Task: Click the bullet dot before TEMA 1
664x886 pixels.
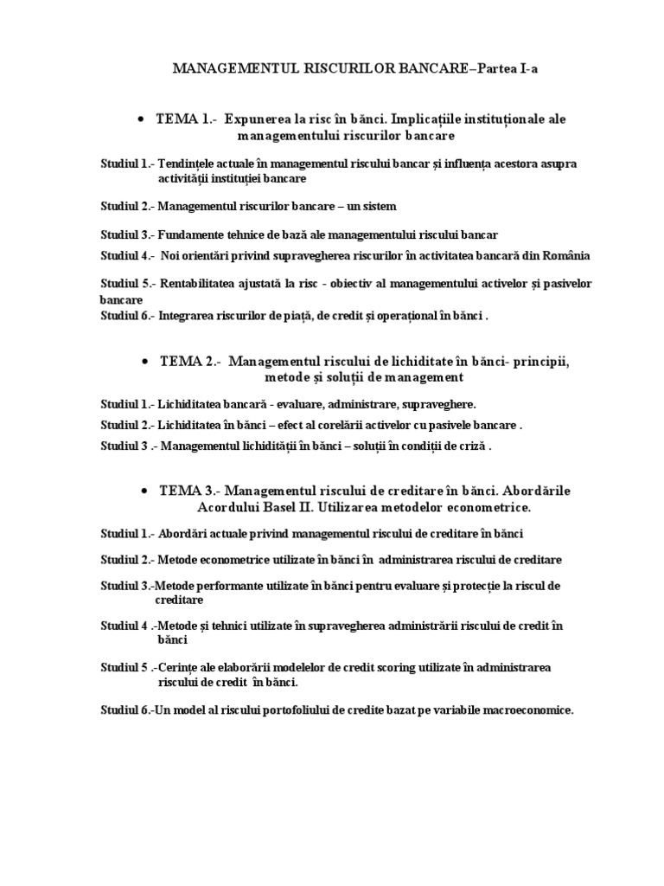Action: pyautogui.click(x=139, y=119)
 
